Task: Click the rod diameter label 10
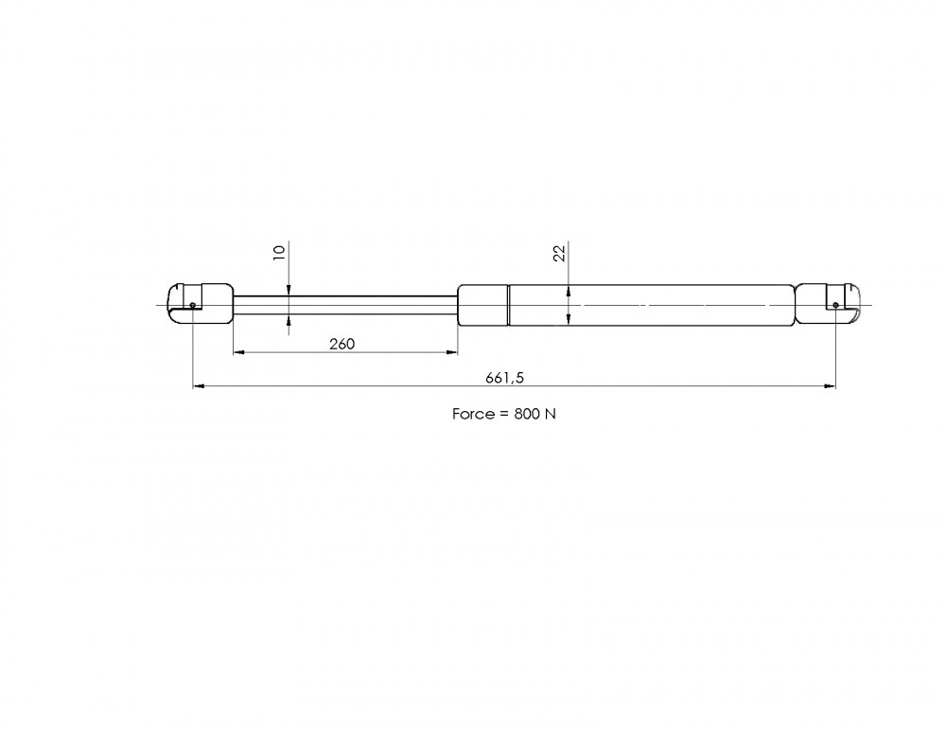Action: pyautogui.click(x=279, y=253)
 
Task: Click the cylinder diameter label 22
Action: pyautogui.click(x=560, y=253)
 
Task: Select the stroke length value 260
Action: pyautogui.click(x=342, y=344)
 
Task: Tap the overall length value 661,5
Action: pyautogui.click(x=505, y=378)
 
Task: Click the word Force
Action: pyautogui.click(x=473, y=414)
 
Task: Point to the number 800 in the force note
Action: pyautogui.click(x=527, y=414)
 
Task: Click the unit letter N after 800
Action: pyautogui.click(x=550, y=414)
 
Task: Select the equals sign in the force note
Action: pyautogui.click(x=504, y=415)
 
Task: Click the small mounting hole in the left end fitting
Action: pyautogui.click(x=192, y=305)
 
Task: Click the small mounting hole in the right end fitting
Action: pyautogui.click(x=835, y=305)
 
